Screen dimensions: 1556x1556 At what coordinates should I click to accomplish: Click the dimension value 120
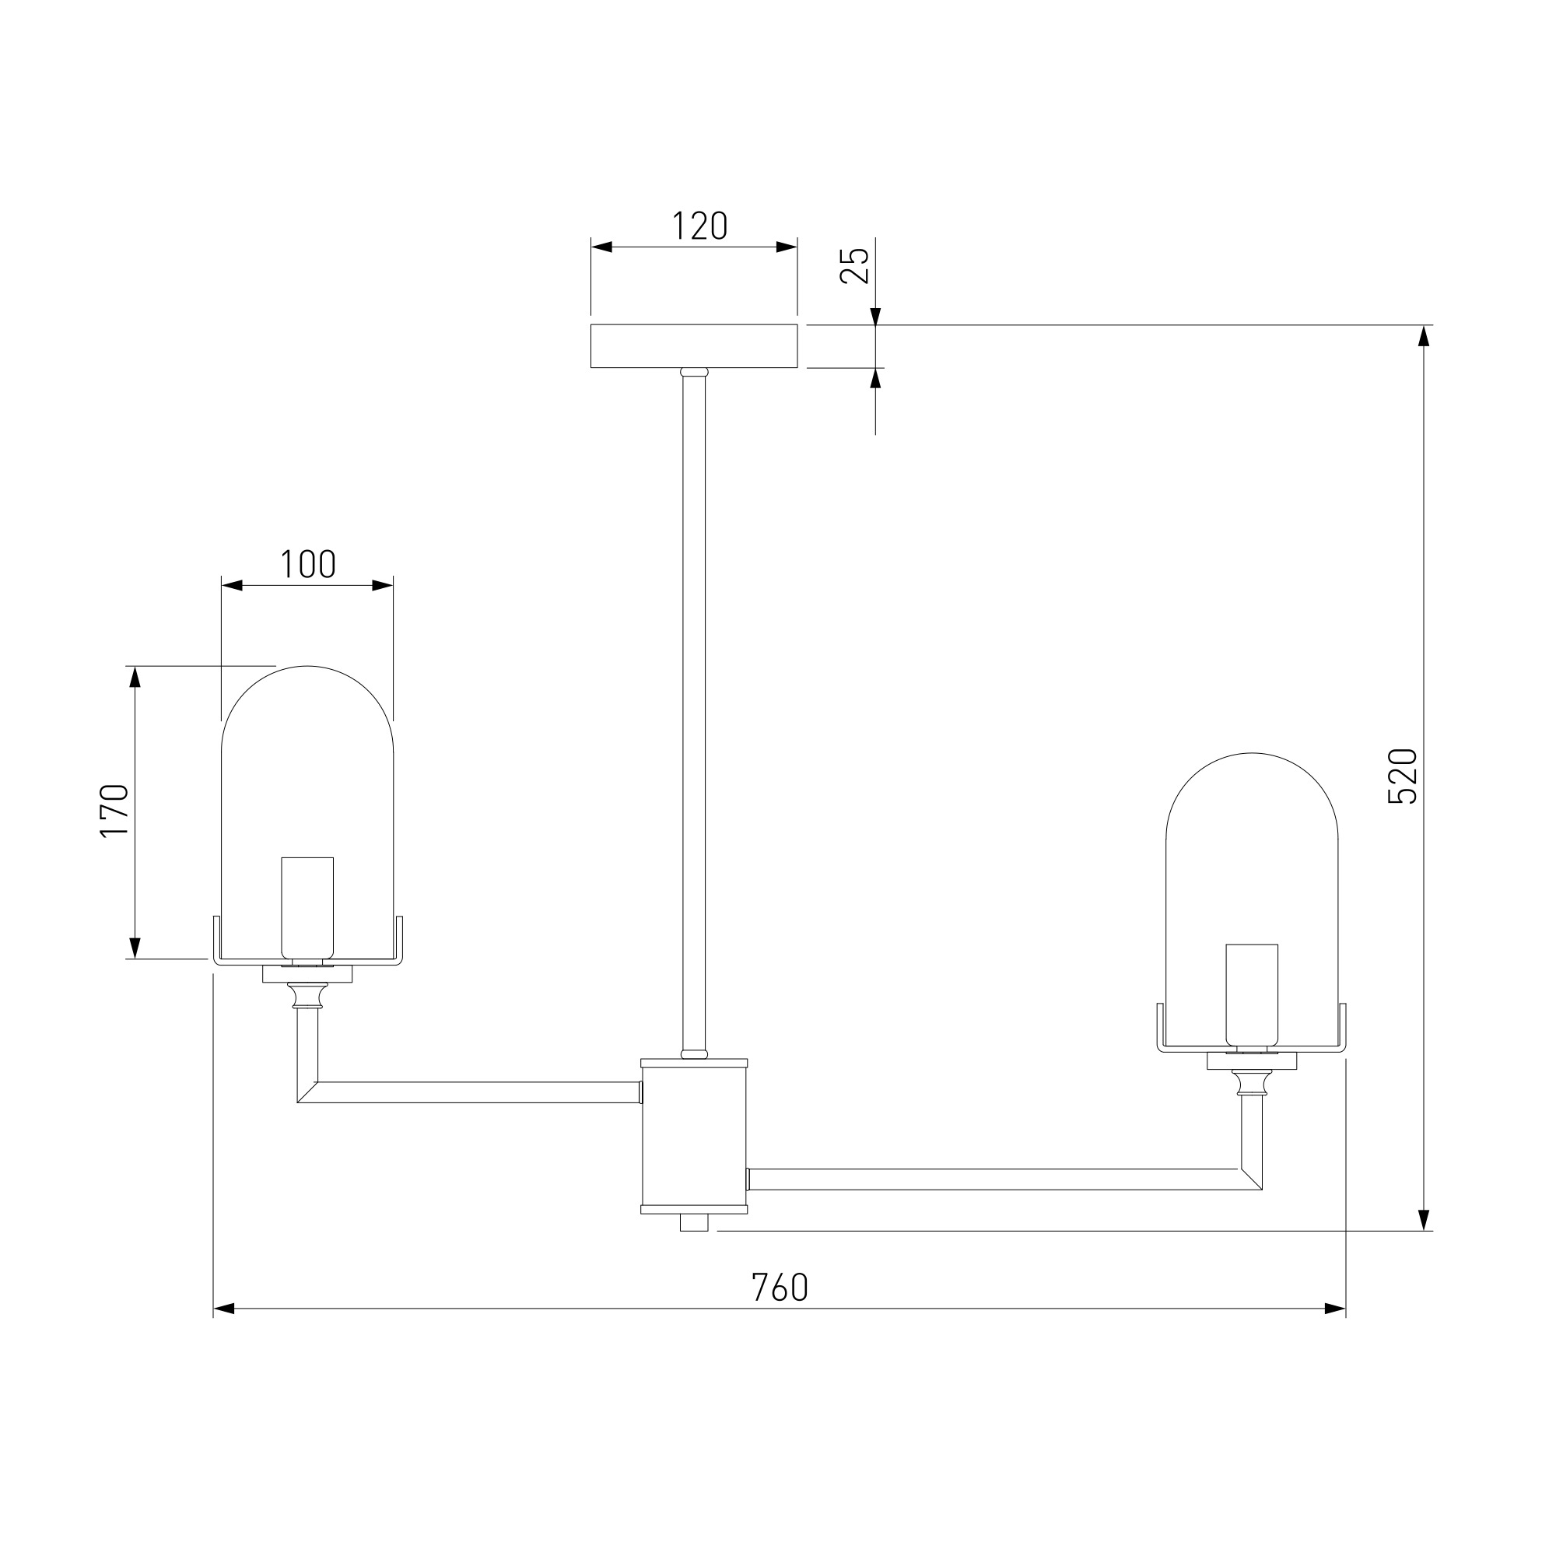tap(699, 226)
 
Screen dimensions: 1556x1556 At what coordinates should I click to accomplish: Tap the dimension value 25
tap(854, 265)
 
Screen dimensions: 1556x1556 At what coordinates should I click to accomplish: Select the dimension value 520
tap(1402, 776)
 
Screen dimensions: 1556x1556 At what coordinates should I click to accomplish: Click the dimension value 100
tap(307, 565)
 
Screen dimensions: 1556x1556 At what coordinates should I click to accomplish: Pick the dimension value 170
tap(114, 811)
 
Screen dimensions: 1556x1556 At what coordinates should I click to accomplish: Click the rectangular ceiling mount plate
tap(693, 346)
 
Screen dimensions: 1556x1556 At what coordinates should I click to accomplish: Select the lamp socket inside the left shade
tap(307, 909)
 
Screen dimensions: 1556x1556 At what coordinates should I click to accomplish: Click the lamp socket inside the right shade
tap(1252, 996)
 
